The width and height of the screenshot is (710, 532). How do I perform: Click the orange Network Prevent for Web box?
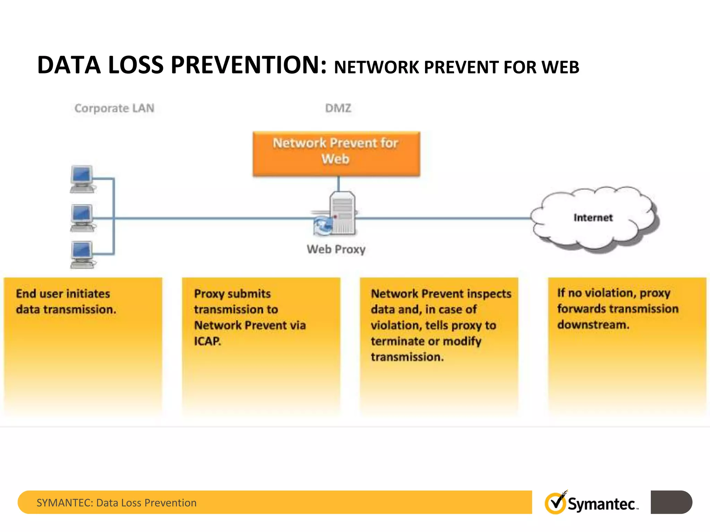pyautogui.click(x=336, y=153)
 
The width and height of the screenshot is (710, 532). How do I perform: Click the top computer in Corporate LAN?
pyautogui.click(x=82, y=179)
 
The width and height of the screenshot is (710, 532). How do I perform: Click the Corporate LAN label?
pyautogui.click(x=114, y=108)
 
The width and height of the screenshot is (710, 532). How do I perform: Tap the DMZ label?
pyautogui.click(x=338, y=108)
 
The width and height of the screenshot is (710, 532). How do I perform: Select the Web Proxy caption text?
pyautogui.click(x=336, y=249)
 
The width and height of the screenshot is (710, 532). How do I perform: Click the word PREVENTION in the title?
pyautogui.click(x=248, y=65)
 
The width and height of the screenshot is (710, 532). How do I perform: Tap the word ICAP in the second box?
pyautogui.click(x=207, y=341)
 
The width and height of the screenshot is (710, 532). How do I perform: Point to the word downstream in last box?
pyautogui.click(x=593, y=325)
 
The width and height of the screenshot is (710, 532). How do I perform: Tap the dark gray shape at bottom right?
pyautogui.click(x=671, y=502)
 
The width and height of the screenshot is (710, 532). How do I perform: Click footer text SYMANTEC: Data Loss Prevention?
pyautogui.click(x=116, y=503)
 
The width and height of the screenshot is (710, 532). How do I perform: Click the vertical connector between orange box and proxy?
pyautogui.click(x=339, y=184)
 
